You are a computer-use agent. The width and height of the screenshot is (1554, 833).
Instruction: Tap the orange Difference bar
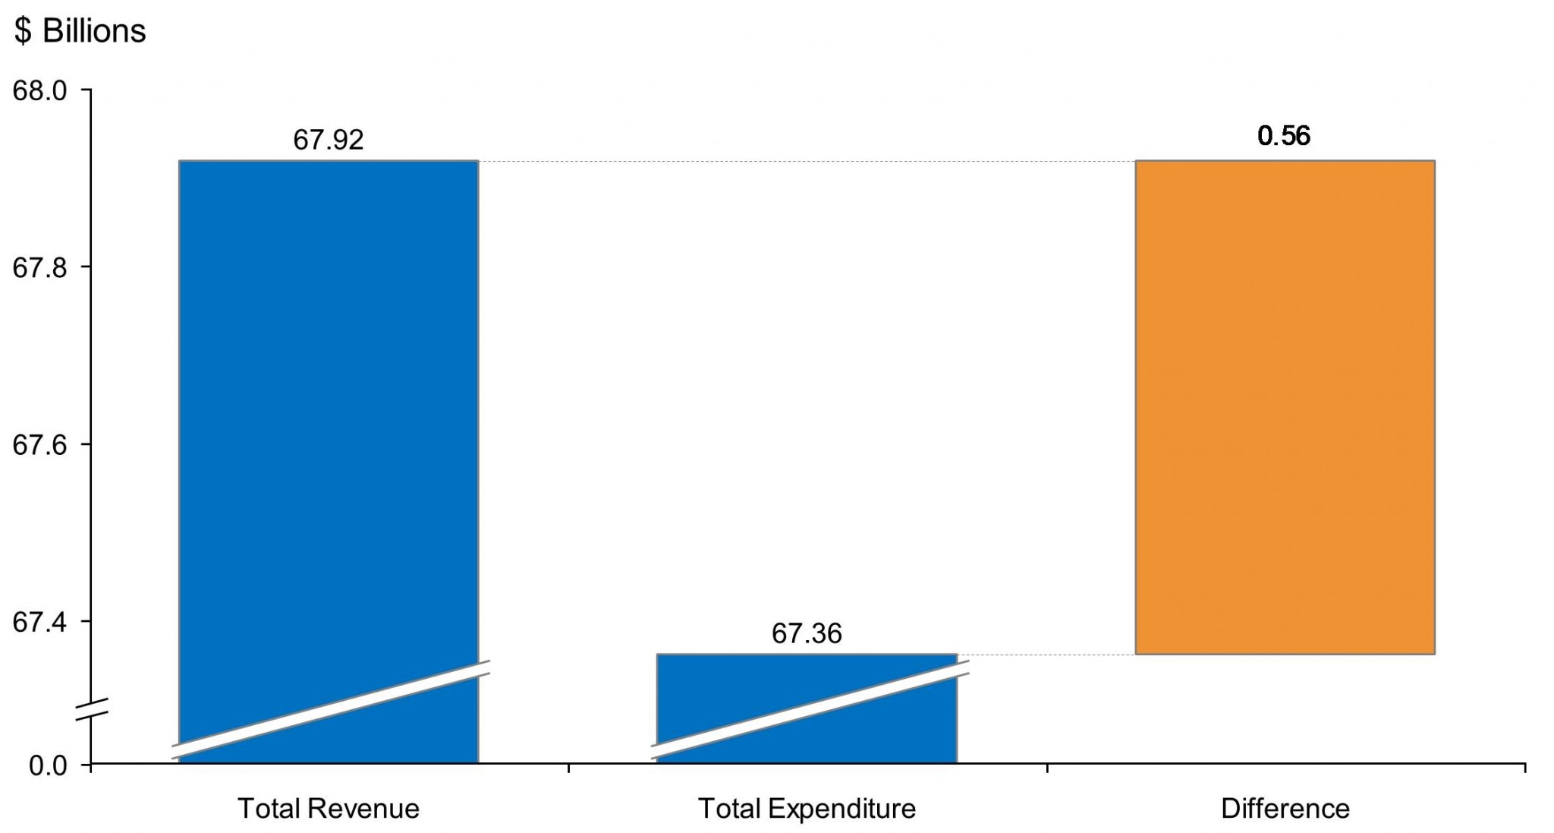coord(1285,406)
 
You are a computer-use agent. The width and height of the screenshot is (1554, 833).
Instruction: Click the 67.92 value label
coord(328,140)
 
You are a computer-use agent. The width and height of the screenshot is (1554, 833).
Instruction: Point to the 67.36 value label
coord(806,633)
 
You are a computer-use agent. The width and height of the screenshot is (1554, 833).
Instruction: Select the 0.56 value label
coord(1284,136)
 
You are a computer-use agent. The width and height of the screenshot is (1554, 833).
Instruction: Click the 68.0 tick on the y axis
coord(39,90)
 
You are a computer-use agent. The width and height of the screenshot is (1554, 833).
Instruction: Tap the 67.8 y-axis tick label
coord(39,267)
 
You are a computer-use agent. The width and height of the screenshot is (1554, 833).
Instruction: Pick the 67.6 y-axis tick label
coord(39,445)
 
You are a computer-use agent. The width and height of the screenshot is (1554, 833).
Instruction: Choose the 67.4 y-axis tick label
coord(39,622)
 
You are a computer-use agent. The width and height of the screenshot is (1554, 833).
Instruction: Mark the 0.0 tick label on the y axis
coord(48,765)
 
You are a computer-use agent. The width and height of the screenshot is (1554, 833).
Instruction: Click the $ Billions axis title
coord(80,31)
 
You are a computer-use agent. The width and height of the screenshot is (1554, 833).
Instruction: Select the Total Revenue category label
coord(328,809)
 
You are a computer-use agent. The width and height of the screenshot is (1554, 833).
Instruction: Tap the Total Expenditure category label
coord(806,809)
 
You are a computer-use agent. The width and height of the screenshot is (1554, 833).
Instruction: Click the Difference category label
coord(1285,809)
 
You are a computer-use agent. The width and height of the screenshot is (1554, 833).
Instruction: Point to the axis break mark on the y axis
coord(91,708)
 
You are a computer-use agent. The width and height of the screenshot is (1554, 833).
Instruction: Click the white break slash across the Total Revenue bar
coord(330,709)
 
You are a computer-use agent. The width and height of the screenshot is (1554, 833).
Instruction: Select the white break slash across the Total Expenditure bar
coord(810,709)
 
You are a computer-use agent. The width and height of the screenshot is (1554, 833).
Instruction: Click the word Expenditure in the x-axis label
coord(841,809)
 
